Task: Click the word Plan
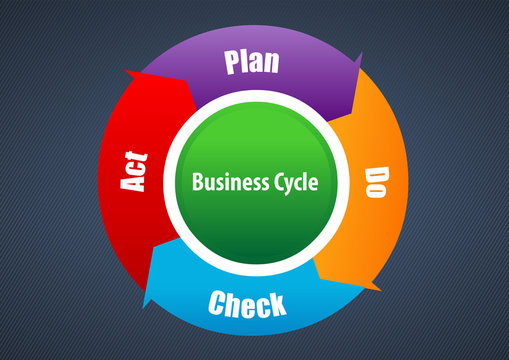[251, 62]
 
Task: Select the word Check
[247, 303]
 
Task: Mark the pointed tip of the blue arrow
[145, 306]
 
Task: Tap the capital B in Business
[196, 183]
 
